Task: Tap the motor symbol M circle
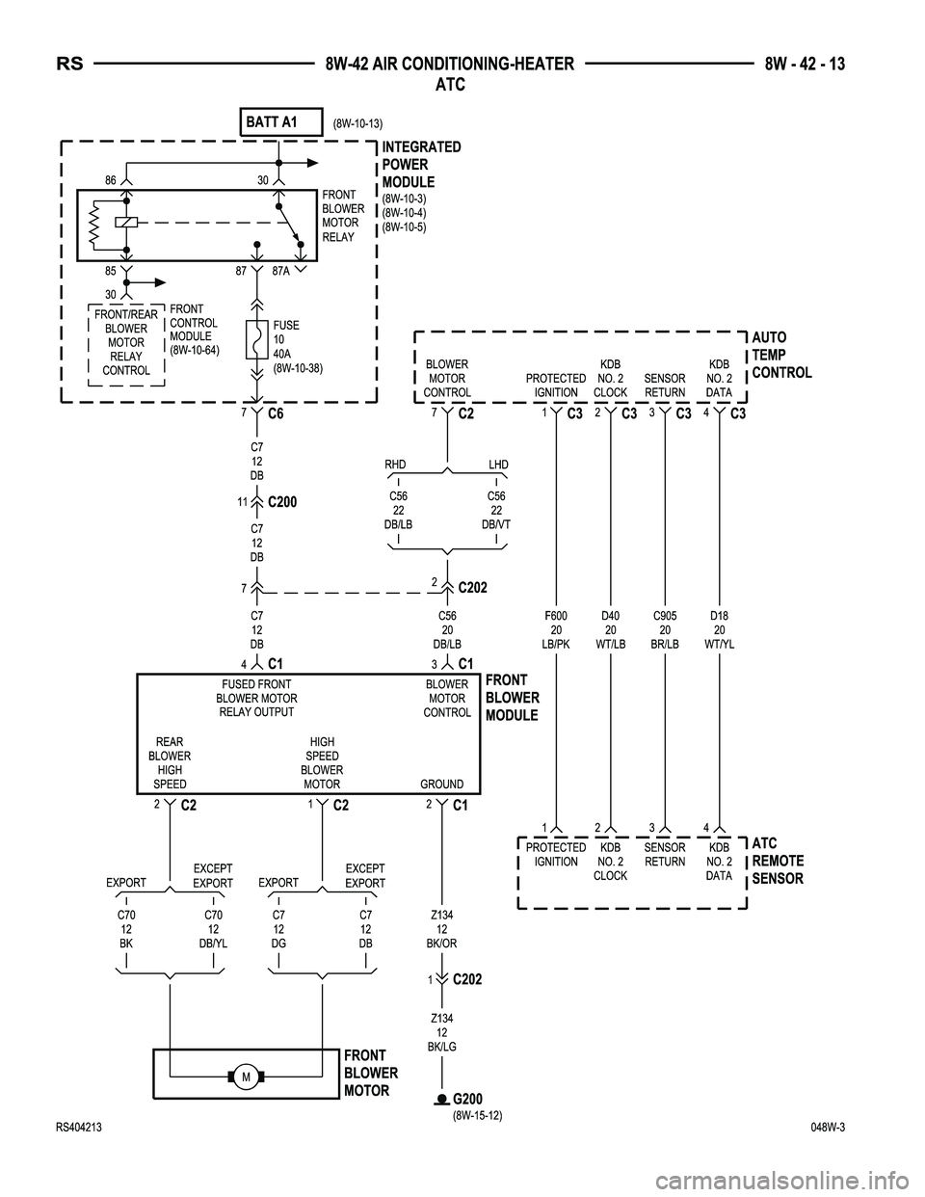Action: coord(246,1076)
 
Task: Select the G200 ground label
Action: coord(467,1100)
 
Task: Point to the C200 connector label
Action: coord(282,502)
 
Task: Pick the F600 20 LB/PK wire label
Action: coord(556,629)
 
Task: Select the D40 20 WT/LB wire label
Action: coord(611,629)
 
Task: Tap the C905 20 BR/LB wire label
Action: coord(665,629)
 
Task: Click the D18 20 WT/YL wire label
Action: coord(719,629)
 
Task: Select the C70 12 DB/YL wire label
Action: coord(213,929)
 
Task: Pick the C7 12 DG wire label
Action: coord(278,929)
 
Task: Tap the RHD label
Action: coord(395,465)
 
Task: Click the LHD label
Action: coord(498,465)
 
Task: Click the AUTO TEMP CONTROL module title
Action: coord(781,355)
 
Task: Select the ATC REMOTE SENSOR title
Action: coord(778,861)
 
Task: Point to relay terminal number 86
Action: coord(111,180)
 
